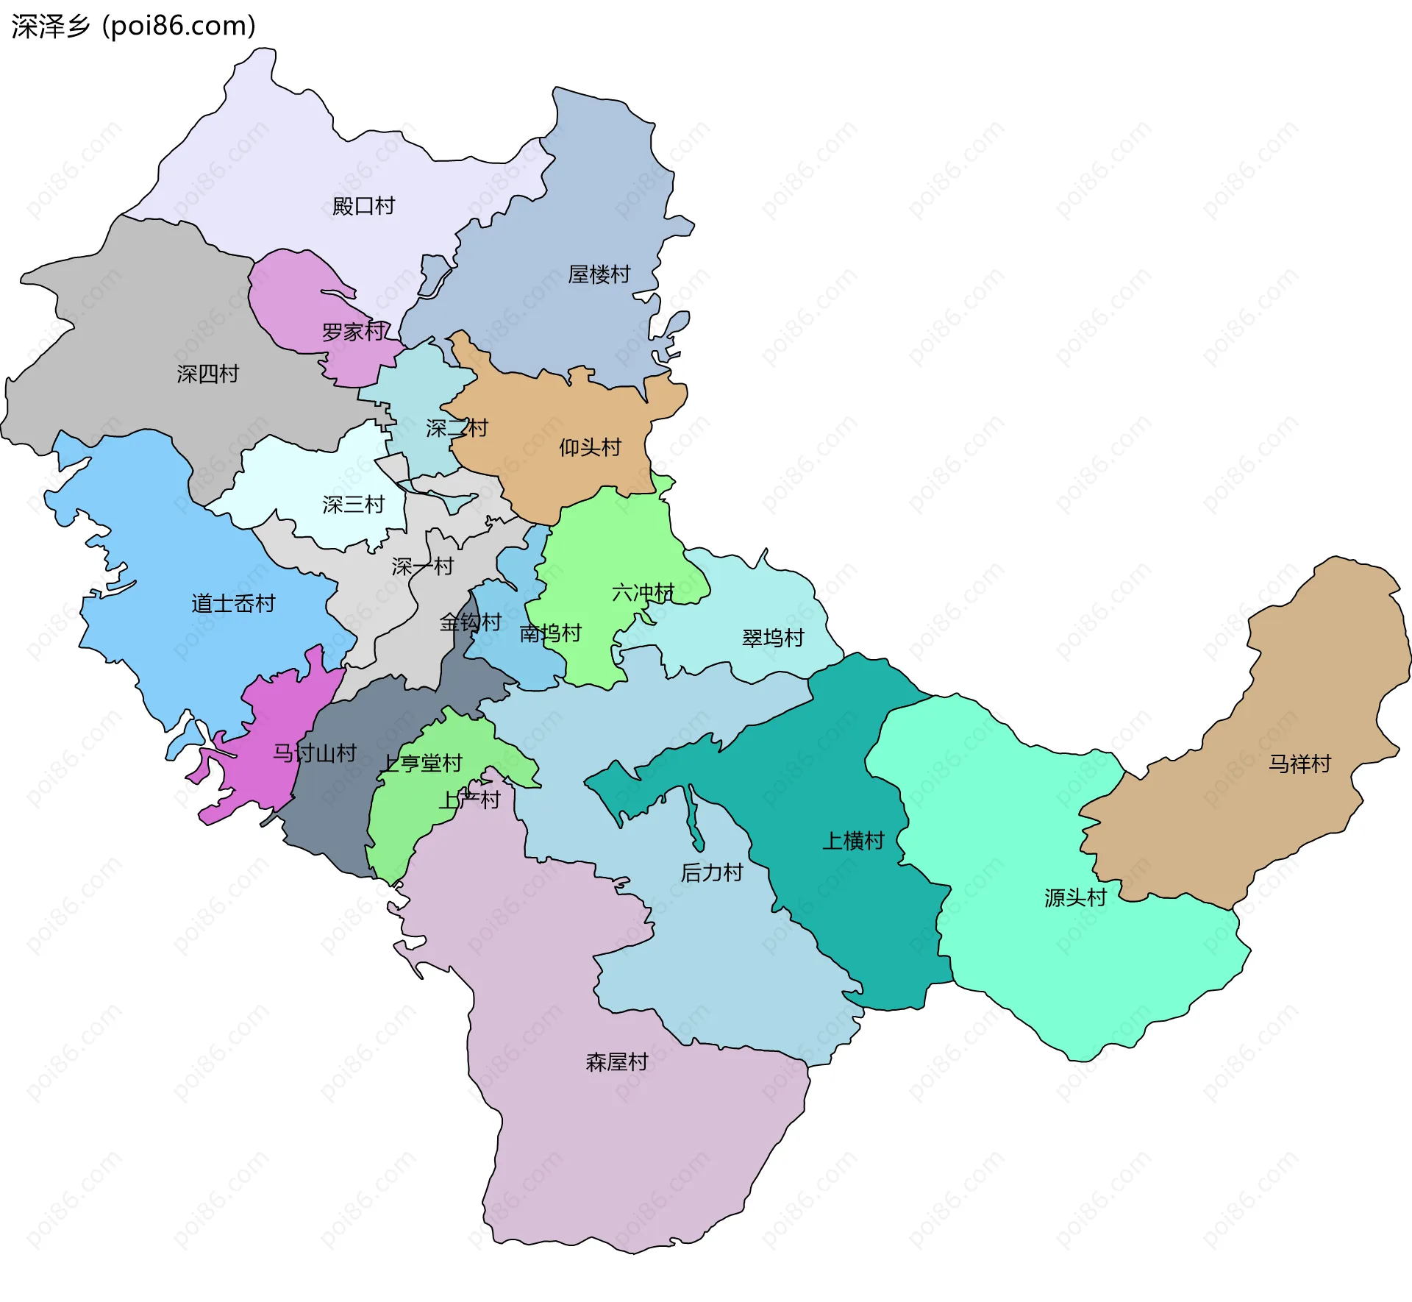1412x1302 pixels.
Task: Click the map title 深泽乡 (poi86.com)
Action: tap(134, 26)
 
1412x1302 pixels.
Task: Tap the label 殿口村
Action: tap(363, 206)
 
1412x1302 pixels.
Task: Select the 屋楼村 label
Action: tap(599, 274)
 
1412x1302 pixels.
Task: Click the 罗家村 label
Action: tap(353, 332)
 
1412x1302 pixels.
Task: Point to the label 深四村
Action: tap(207, 374)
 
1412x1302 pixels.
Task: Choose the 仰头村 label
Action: tap(590, 447)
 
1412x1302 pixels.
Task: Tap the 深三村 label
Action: tap(353, 505)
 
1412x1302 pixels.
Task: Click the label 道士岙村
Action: tap(233, 603)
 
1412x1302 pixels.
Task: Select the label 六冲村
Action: tap(643, 592)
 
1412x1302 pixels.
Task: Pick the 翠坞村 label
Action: tap(773, 638)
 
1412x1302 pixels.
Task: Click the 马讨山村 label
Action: tap(315, 753)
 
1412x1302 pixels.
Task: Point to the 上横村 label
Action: tap(852, 840)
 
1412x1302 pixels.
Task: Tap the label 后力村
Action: tap(711, 872)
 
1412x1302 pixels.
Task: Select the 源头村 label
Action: tap(1075, 897)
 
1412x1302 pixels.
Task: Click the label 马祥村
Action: tap(1299, 764)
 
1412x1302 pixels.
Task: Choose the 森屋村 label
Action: tap(616, 1061)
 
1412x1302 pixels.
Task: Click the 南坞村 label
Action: tap(550, 633)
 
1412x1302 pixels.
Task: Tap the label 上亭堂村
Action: tap(421, 764)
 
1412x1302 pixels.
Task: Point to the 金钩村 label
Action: tap(470, 622)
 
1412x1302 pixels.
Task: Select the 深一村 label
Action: tap(422, 566)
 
